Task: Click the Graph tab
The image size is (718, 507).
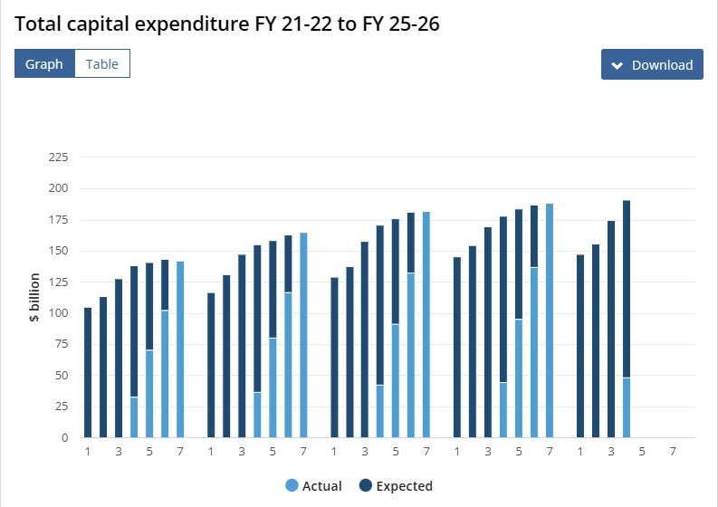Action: [44, 64]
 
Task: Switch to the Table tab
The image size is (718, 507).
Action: [102, 64]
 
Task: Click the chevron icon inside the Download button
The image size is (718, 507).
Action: [617, 65]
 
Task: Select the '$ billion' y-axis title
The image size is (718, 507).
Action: [34, 298]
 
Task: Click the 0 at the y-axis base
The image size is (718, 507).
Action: [63, 438]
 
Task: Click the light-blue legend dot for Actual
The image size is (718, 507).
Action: [292, 486]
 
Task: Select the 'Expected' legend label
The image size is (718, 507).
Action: [404, 486]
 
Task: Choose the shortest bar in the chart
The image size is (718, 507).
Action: [88, 373]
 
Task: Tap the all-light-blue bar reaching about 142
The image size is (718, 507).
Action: [180, 349]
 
